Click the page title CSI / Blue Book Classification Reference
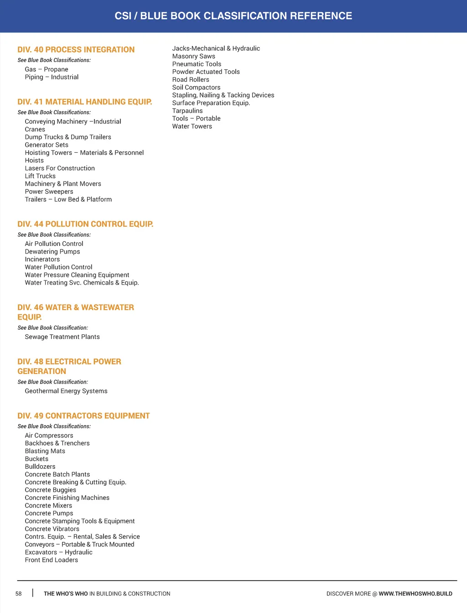click(x=233, y=16)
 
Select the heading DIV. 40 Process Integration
click(x=76, y=50)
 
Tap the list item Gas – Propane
click(x=47, y=69)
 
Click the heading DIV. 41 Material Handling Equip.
click(x=85, y=102)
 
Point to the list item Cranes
click(x=35, y=130)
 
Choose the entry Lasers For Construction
click(x=60, y=168)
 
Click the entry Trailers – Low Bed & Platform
click(x=68, y=199)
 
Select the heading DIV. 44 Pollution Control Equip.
click(x=85, y=224)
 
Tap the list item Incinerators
click(x=42, y=260)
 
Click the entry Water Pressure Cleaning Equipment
click(x=77, y=275)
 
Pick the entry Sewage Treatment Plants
click(x=62, y=337)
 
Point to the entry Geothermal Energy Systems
click(x=66, y=391)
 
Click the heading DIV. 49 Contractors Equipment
click(x=83, y=416)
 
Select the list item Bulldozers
click(x=40, y=467)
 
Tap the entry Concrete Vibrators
click(x=52, y=529)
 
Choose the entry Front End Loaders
click(x=52, y=560)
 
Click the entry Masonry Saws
click(x=194, y=57)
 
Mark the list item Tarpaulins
click(x=187, y=111)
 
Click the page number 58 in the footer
click(x=19, y=594)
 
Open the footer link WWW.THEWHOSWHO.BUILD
click(x=415, y=594)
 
